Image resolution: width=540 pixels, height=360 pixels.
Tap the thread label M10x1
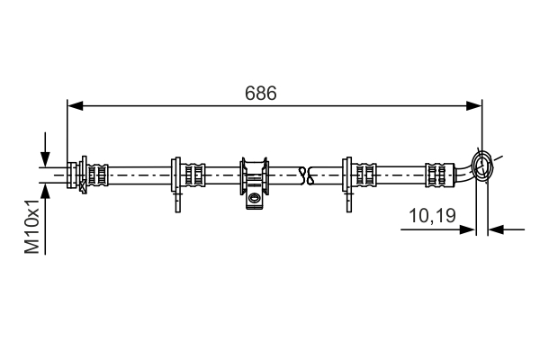click(x=31, y=224)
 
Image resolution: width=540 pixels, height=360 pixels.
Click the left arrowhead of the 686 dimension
click(x=75, y=106)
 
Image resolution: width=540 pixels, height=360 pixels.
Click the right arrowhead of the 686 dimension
click(x=476, y=106)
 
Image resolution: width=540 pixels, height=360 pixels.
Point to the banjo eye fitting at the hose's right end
click(x=483, y=166)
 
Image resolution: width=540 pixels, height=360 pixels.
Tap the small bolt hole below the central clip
click(x=255, y=198)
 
